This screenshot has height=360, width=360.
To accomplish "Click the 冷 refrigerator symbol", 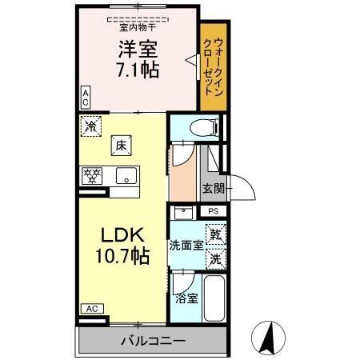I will (90, 126).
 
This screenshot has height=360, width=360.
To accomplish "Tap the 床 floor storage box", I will (121, 145).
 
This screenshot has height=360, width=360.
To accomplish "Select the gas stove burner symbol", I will (93, 175).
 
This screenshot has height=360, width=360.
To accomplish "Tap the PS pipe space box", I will (213, 211).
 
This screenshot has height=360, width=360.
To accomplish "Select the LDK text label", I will (122, 235).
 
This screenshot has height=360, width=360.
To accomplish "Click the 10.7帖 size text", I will (122, 256).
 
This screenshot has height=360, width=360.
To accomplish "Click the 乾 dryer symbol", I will (215, 234).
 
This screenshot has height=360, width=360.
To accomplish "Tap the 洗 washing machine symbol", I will (215, 258).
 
